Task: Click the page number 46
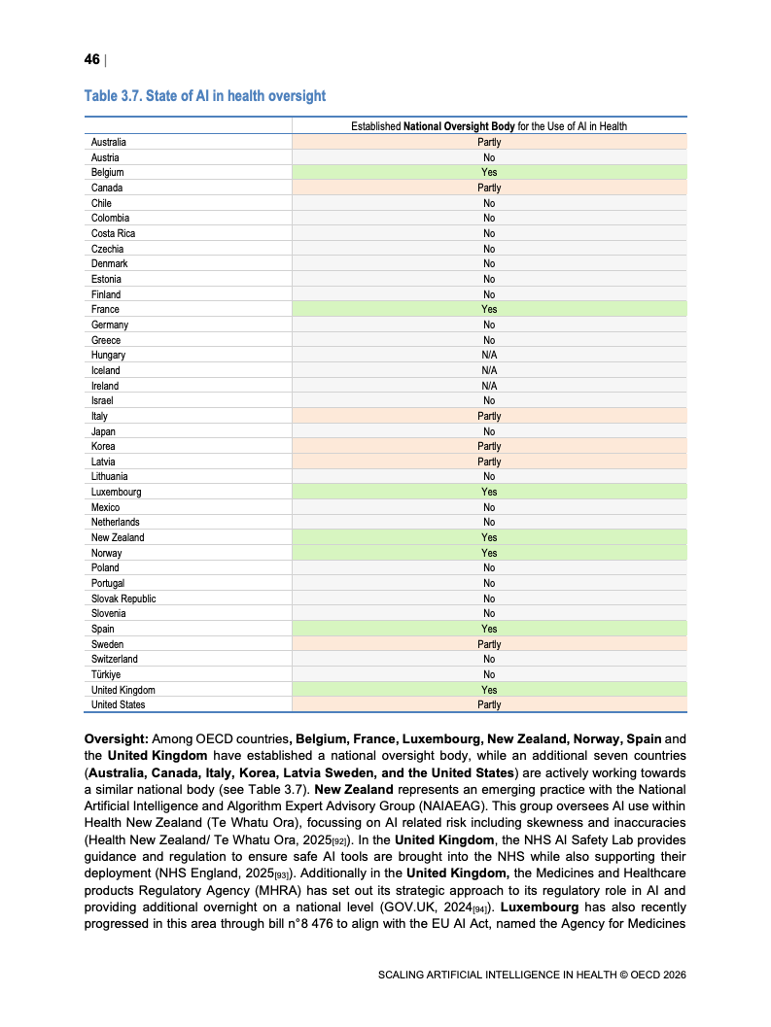tap(91, 60)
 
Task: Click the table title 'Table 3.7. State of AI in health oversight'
tap(204, 96)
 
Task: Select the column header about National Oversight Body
tap(489, 126)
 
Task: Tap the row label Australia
tap(108, 142)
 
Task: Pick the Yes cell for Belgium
tap(489, 173)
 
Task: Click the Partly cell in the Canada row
tap(489, 188)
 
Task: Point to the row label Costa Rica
tap(113, 233)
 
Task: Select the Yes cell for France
tap(489, 309)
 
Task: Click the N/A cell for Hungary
tap(489, 355)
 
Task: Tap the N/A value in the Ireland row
tap(489, 386)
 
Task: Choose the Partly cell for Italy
tap(489, 416)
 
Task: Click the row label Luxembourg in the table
tap(116, 492)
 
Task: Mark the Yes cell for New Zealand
tap(489, 537)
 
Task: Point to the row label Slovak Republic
tap(123, 599)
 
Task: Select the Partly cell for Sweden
tap(489, 644)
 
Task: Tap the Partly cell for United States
tap(489, 704)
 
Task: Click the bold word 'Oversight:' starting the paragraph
tap(115, 738)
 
